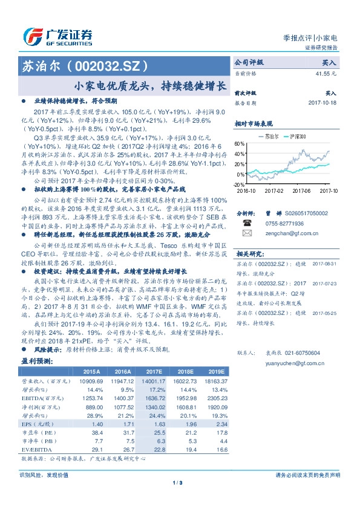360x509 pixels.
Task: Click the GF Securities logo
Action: [x=57, y=36]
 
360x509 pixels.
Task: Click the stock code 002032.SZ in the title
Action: [x=108, y=65]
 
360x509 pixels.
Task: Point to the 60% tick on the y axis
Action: [x=240, y=144]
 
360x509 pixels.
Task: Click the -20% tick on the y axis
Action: [x=240, y=184]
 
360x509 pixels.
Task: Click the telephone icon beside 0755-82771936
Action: [x=247, y=222]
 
